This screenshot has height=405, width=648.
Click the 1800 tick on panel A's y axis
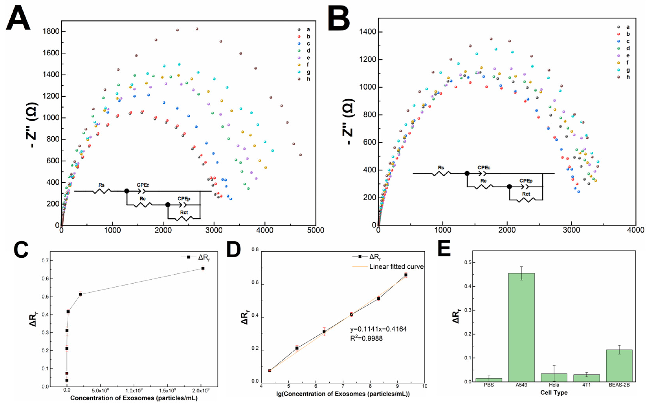(51, 32)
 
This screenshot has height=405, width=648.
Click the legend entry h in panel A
(308, 79)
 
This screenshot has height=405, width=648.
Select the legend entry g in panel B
(628, 70)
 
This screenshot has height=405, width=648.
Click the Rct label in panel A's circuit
(184, 212)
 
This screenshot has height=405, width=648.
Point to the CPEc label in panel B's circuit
(484, 168)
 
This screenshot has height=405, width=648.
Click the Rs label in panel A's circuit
(101, 185)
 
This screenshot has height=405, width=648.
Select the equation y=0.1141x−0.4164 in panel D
(378, 329)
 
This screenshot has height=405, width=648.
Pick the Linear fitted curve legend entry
(396, 267)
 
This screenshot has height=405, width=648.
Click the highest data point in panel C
(203, 268)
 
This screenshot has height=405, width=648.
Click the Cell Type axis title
(554, 393)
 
